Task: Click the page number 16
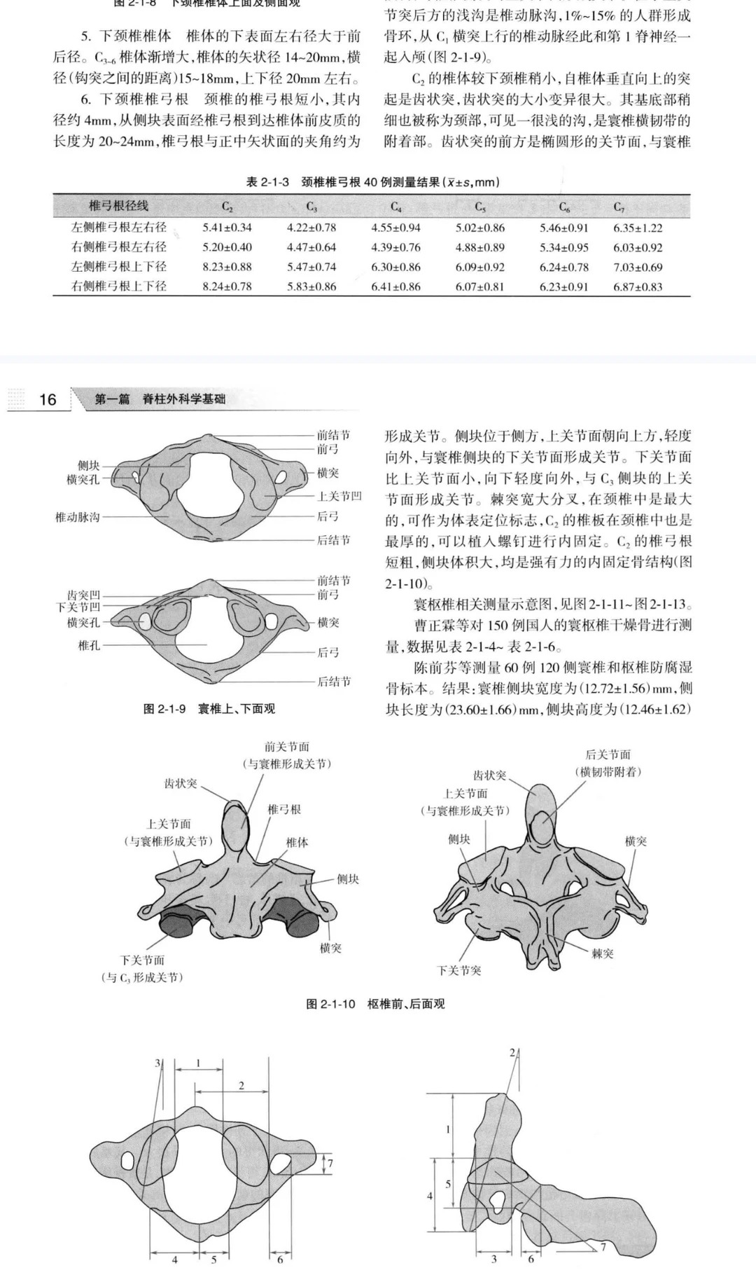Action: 48,400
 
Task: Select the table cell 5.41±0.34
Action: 227,228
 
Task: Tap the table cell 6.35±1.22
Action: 638,228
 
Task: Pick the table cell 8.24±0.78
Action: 227,287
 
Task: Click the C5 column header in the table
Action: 480,207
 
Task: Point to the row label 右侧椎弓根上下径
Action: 119,287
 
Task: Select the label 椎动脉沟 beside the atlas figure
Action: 78,517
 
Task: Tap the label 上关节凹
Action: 339,497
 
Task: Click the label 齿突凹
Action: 83,595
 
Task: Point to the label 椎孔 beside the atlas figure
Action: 89,645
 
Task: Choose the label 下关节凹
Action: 78,607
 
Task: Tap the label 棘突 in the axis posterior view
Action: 602,953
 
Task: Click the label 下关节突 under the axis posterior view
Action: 458,970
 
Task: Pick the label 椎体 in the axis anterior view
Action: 297,842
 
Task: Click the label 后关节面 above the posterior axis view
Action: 608,754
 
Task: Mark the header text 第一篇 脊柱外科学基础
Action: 160,400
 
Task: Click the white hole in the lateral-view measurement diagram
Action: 498,1200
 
